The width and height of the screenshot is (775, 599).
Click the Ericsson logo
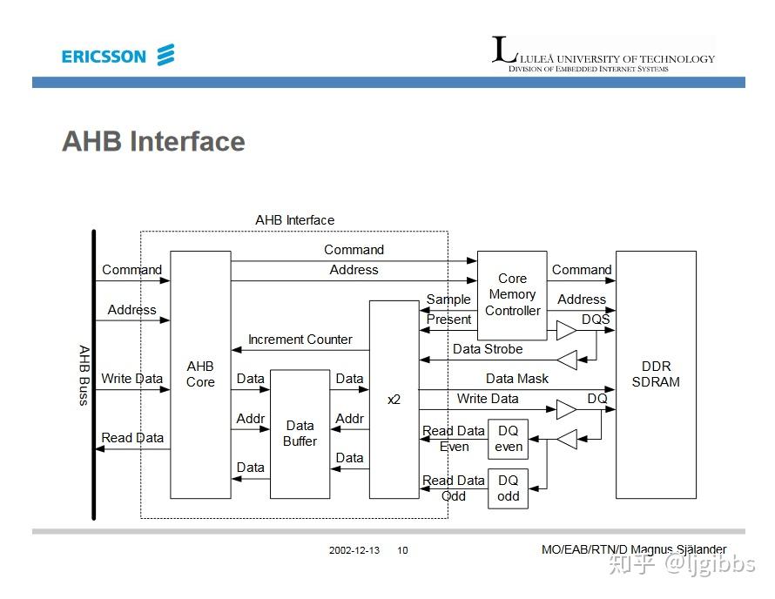tap(118, 57)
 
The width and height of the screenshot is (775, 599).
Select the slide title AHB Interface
tap(153, 141)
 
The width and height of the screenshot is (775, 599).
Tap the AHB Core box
tap(200, 374)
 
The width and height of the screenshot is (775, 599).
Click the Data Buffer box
tap(300, 434)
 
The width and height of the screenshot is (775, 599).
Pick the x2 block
tap(394, 399)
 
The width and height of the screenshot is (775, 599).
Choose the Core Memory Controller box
tap(512, 294)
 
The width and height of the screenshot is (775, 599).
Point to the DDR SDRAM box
tap(656, 374)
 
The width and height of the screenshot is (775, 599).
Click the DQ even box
tap(508, 439)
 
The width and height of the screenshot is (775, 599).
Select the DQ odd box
tap(508, 488)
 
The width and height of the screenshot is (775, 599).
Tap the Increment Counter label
tap(300, 340)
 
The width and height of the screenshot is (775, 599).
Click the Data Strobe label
tap(488, 349)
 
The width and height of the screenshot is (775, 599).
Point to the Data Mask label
tap(517, 379)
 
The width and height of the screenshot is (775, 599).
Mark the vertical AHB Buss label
tap(84, 374)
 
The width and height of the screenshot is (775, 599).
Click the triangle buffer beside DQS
tap(567, 331)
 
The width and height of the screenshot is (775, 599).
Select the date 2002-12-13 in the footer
tap(354, 550)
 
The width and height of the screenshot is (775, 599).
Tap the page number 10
tap(402, 550)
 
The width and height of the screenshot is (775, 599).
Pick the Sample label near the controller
tap(448, 299)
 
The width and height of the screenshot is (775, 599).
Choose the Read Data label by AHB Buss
tap(132, 438)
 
